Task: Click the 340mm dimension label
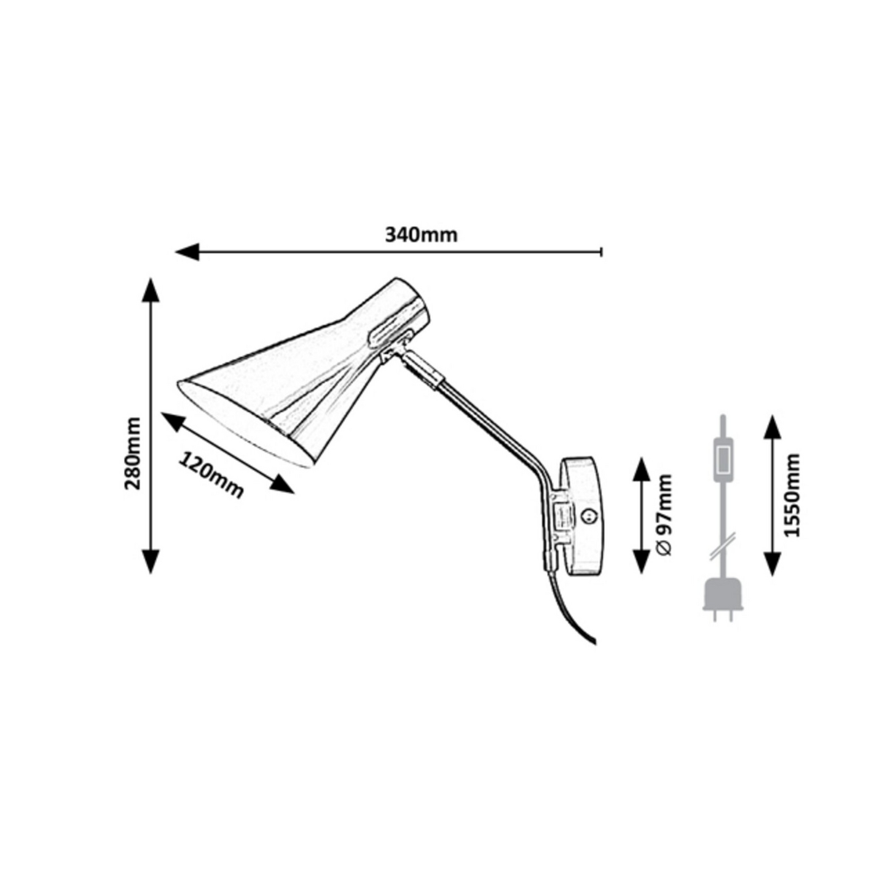421,235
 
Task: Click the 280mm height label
133,453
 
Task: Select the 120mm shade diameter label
210,475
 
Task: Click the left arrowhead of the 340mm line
187,252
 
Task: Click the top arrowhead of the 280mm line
151,290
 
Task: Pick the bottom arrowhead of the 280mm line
151,561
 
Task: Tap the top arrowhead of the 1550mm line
772,427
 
